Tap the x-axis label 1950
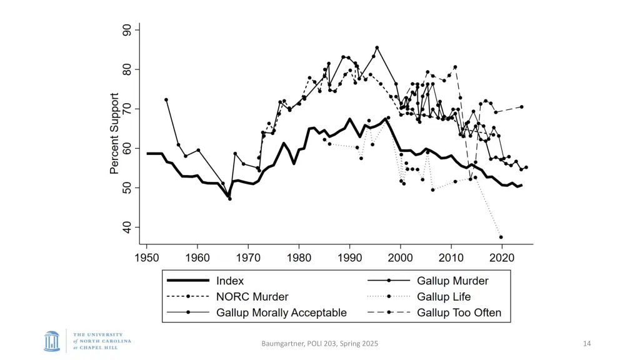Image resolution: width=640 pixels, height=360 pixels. point(147,257)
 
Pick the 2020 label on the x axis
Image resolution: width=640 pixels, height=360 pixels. point(502,257)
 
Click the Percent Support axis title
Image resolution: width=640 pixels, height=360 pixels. point(114,134)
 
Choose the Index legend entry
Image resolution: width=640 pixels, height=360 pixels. point(230,281)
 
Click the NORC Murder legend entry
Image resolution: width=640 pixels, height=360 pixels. point(252,297)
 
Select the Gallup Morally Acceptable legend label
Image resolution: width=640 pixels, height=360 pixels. point(281,312)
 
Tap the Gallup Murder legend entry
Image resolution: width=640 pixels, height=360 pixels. point(452,281)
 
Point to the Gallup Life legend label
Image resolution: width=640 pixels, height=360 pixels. point(444,297)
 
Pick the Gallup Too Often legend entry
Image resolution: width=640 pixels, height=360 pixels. point(459,312)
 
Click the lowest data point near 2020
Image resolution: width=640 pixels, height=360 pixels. point(501,237)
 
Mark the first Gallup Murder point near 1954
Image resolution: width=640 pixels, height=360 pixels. point(166,99)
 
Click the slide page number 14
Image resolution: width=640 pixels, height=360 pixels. point(586,343)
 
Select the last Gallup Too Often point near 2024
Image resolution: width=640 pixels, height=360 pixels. point(521,107)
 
